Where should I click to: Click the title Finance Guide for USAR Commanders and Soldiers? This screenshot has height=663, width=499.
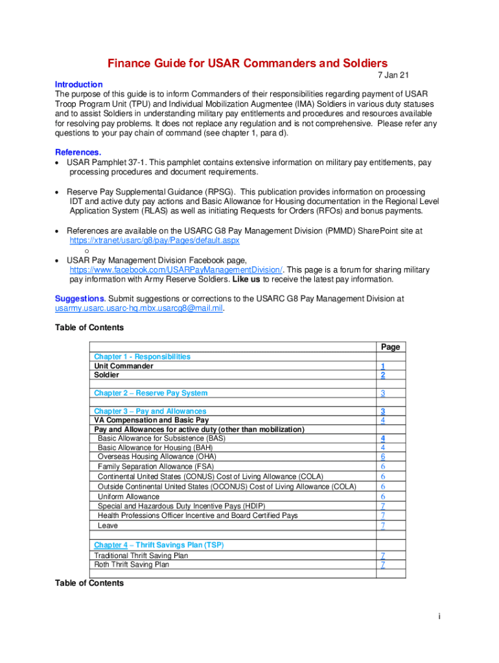[x=247, y=63]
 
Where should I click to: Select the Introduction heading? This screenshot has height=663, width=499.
[x=78, y=85]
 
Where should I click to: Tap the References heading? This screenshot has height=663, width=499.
[x=78, y=153]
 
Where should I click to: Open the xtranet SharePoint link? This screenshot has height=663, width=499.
[x=154, y=240]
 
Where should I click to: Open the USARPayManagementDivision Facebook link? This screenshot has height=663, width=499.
[x=176, y=270]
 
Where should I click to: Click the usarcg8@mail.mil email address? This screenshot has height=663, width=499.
[x=139, y=309]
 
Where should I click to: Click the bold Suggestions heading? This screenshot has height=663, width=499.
[x=80, y=299]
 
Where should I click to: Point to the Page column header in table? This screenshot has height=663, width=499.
[x=390, y=348]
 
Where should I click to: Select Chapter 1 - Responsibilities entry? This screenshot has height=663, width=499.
[x=142, y=357]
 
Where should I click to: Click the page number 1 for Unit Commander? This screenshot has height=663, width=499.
[x=383, y=366]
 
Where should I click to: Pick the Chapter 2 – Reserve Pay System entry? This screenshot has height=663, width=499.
[x=150, y=394]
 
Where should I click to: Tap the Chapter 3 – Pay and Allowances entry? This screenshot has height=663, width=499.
[x=150, y=412]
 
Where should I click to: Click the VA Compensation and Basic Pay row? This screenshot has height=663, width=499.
[x=152, y=421]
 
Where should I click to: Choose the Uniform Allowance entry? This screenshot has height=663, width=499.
[x=128, y=497]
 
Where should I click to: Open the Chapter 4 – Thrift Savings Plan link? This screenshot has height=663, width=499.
[x=159, y=545]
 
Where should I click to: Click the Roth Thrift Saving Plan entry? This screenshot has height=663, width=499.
[x=132, y=565]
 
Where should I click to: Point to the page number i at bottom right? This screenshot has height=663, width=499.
[x=439, y=616]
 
